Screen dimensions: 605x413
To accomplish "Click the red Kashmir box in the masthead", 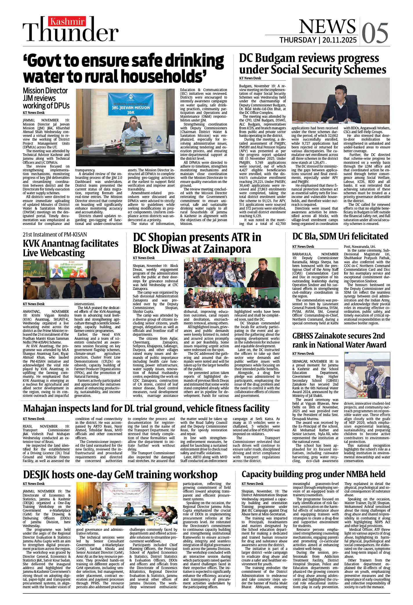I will pos(67,21).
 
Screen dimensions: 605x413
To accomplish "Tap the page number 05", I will pos(375,33).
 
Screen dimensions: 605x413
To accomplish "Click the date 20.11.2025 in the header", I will pos(339,40).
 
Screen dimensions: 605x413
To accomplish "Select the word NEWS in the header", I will pos(327,26).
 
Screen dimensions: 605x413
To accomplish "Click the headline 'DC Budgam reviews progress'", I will pos(309,58).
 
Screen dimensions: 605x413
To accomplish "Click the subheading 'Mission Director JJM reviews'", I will pos(45,95).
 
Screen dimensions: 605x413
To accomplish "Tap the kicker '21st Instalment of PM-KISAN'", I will pos(55,235).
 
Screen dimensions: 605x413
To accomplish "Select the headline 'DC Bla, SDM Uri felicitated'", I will pos(340,236).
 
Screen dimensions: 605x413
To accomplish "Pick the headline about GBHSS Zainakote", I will pos(339,340).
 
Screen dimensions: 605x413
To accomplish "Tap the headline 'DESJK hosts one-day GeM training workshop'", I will pos(120,475).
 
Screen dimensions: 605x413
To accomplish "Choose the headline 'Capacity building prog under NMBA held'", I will pos(313,474).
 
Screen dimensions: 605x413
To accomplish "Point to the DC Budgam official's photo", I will pos(341,101).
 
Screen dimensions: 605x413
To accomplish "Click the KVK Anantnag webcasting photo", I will pos(71,280).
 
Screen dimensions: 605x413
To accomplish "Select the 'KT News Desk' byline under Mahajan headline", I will pos(34,419).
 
